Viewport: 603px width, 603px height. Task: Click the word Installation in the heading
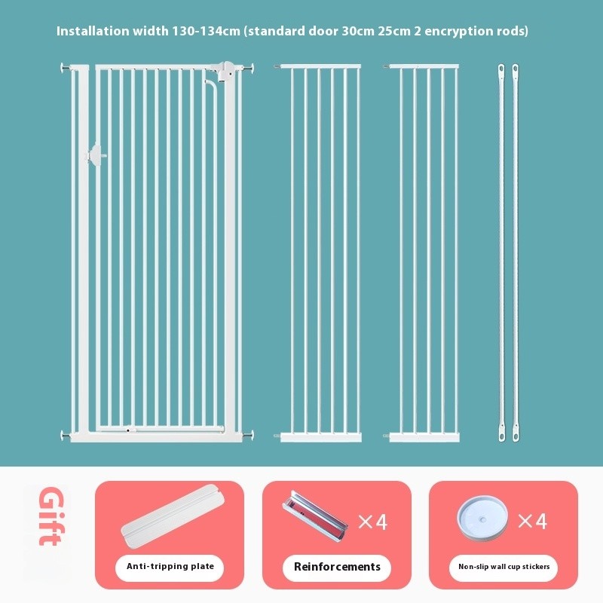pos(92,31)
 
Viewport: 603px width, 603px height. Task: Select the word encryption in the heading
pos(459,32)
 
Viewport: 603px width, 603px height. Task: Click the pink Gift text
pos(51,516)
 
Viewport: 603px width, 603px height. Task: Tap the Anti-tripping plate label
pos(170,566)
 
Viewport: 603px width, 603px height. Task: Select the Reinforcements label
pos(337,567)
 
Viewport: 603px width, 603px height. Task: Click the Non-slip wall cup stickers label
pos(504,567)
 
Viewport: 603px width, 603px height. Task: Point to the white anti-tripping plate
pos(173,515)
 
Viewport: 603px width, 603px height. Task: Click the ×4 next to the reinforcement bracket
pos(372,522)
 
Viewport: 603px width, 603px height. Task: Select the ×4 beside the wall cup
pos(532,521)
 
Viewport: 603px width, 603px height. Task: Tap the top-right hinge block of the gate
pos(225,71)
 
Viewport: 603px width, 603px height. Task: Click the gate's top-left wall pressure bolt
pos(65,69)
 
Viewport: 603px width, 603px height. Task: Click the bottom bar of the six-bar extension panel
pos(321,437)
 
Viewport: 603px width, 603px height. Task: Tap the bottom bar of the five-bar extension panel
pos(424,437)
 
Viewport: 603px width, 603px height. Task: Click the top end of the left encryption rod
pos(501,69)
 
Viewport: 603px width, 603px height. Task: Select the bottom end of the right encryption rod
pos(516,436)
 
